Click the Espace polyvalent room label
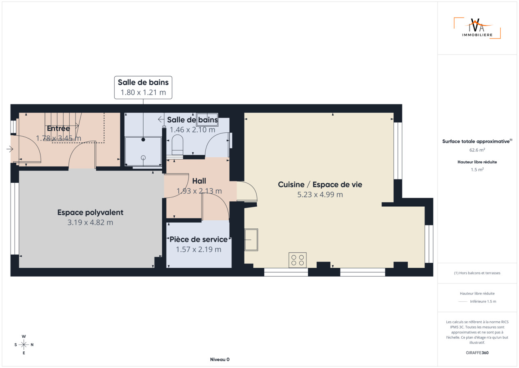(x=90, y=212)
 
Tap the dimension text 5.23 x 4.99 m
(x=320, y=195)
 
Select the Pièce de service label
(x=199, y=239)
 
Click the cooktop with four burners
(x=298, y=260)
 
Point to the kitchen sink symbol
(x=251, y=240)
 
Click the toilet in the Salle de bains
(x=178, y=145)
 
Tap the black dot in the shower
(x=143, y=139)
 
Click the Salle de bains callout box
(x=143, y=87)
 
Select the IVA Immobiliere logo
(x=477, y=28)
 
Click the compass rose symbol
(x=24, y=344)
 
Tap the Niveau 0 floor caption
(x=220, y=359)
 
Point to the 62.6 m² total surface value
(x=477, y=150)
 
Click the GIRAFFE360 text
(x=477, y=353)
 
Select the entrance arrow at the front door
(x=10, y=149)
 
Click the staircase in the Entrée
(x=63, y=127)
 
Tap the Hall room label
(x=199, y=181)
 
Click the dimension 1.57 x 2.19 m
(x=199, y=249)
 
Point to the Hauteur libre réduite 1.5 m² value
(x=477, y=170)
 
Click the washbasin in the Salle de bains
(x=207, y=119)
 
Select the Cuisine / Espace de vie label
(x=320, y=184)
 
